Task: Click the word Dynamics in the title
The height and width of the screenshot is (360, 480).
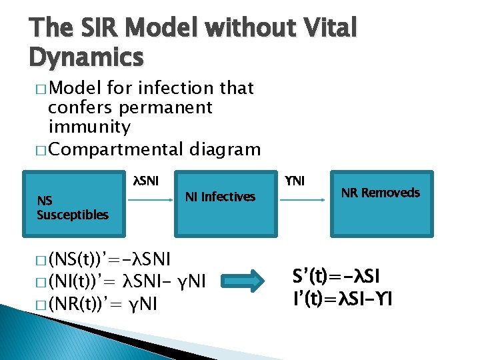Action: click(86, 58)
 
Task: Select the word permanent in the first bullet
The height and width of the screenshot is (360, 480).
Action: click(164, 107)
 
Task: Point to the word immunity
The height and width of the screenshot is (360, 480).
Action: click(89, 126)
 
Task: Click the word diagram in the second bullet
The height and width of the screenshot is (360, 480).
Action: click(225, 149)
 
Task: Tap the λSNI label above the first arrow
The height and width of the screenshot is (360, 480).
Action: click(146, 180)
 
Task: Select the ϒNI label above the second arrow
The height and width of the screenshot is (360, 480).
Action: click(295, 180)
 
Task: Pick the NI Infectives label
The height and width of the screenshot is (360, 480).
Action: click(220, 197)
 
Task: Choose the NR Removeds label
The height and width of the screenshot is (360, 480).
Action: click(381, 193)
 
